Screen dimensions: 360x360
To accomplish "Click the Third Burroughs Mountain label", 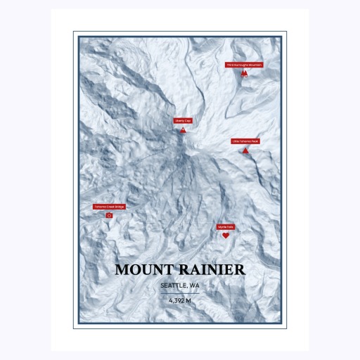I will [x=244, y=65].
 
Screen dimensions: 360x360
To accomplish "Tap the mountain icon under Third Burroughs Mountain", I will [x=244, y=72].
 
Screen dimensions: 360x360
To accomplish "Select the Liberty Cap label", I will [x=183, y=121].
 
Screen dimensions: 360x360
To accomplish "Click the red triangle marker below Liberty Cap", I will [x=183, y=130].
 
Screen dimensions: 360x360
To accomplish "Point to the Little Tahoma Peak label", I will [x=245, y=141].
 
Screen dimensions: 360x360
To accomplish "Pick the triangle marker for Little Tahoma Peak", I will [x=245, y=150].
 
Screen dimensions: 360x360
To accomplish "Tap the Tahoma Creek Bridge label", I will [x=109, y=207].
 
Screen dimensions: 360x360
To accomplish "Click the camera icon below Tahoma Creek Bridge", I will [x=109, y=215].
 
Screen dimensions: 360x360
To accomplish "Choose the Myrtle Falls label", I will [x=226, y=227].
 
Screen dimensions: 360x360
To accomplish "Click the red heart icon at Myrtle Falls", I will [x=226, y=236].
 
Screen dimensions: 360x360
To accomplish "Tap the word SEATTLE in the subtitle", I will [x=174, y=285].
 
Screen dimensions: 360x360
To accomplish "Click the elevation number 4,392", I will [x=176, y=301].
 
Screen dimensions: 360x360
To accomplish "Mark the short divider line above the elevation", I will [x=180, y=293].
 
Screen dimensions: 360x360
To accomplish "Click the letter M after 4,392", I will [x=188, y=301].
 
